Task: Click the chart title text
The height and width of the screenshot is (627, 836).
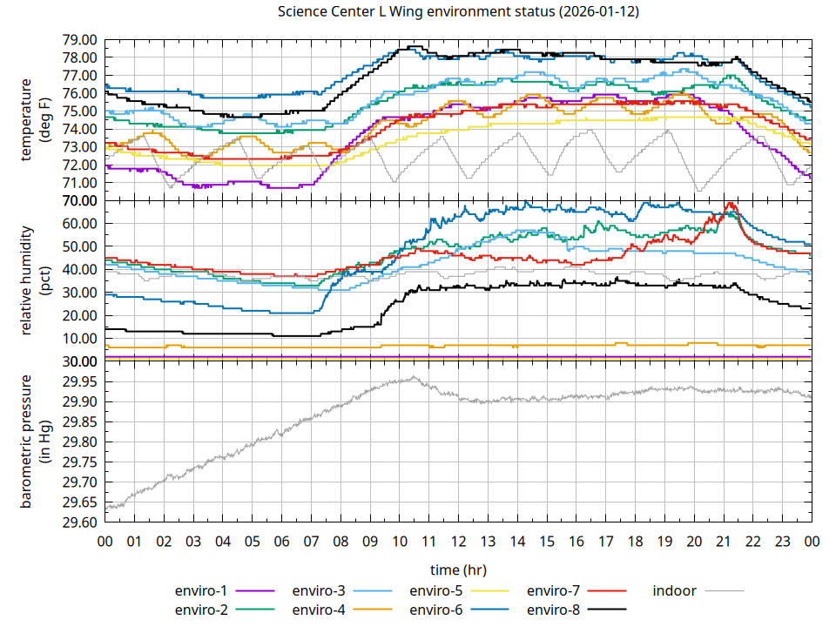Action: tap(459, 12)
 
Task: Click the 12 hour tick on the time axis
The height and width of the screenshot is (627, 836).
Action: tap(458, 541)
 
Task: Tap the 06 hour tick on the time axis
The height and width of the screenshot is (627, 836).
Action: tap(281, 541)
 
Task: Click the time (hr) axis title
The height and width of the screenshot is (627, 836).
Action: tap(458, 570)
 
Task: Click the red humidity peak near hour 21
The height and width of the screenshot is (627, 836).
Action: tap(731, 204)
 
